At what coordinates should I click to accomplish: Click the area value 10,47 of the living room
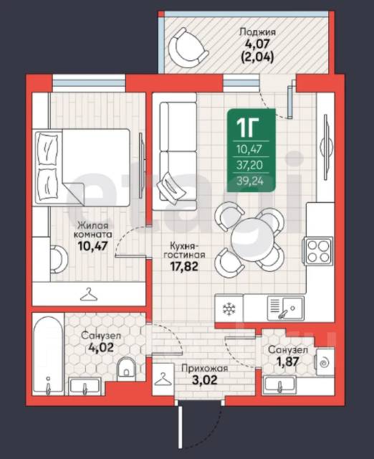pyautogui.click(x=93, y=246)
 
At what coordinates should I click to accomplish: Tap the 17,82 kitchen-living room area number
pyautogui.click(x=184, y=266)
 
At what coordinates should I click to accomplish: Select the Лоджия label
pyautogui.click(x=257, y=32)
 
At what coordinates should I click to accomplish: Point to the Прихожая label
pyautogui.click(x=204, y=368)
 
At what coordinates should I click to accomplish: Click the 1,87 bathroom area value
pyautogui.click(x=288, y=361)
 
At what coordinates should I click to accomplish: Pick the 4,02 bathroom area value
pyautogui.click(x=101, y=347)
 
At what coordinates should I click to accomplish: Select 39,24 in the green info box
pyautogui.click(x=250, y=181)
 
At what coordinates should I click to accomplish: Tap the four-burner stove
pyautogui.click(x=318, y=251)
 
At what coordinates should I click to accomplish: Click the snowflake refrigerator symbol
pyautogui.click(x=229, y=309)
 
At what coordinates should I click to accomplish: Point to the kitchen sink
pyautogui.click(x=286, y=308)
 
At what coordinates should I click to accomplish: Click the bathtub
pyautogui.click(x=48, y=354)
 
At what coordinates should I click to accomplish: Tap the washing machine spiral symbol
pyautogui.click(x=325, y=363)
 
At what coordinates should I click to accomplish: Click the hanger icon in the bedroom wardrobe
pyautogui.click(x=89, y=294)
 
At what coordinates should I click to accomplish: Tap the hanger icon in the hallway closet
pyautogui.click(x=163, y=379)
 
